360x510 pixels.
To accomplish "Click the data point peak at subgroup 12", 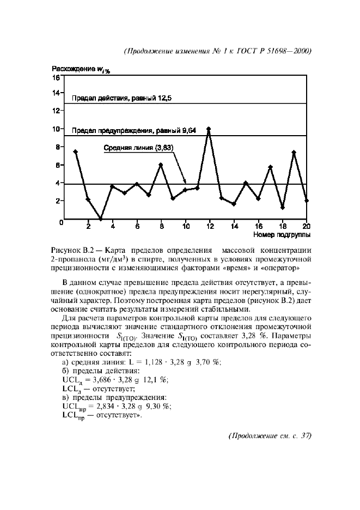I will (x=209, y=129).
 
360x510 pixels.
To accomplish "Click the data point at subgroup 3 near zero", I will (x=100, y=218).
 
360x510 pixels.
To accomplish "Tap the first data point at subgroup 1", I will (x=76, y=151).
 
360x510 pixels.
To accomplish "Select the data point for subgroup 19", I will (x=294, y=153).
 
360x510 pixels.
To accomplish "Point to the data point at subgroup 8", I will (x=161, y=165).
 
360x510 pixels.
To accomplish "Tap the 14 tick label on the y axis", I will (x=56, y=93).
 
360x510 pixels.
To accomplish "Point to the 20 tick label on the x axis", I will (x=306, y=226).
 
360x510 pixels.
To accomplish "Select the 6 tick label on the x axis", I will (x=137, y=226).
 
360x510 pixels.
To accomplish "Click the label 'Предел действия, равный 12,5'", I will (x=122, y=98).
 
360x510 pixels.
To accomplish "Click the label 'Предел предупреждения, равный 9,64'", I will (x=134, y=131).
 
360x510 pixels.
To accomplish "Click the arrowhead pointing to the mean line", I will (x=185, y=181).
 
